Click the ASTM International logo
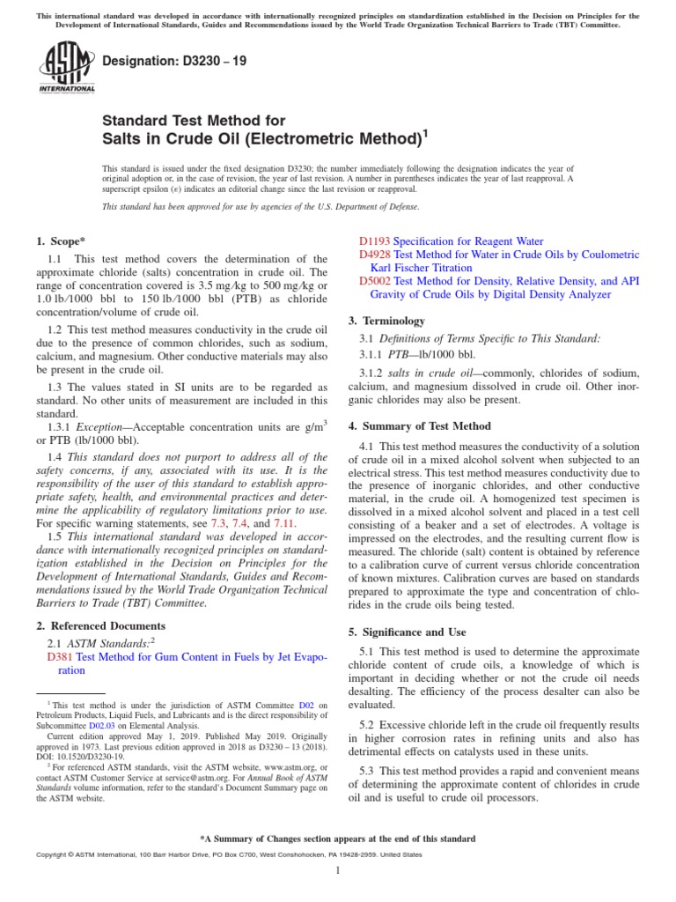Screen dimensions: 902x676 pos(67,67)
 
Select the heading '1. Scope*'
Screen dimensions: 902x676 pos(60,240)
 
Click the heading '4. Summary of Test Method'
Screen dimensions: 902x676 pos(420,426)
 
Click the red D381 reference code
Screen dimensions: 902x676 pos(60,656)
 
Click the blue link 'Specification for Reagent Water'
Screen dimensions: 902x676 pos(468,240)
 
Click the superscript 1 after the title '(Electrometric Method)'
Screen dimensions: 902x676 pos(426,133)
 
